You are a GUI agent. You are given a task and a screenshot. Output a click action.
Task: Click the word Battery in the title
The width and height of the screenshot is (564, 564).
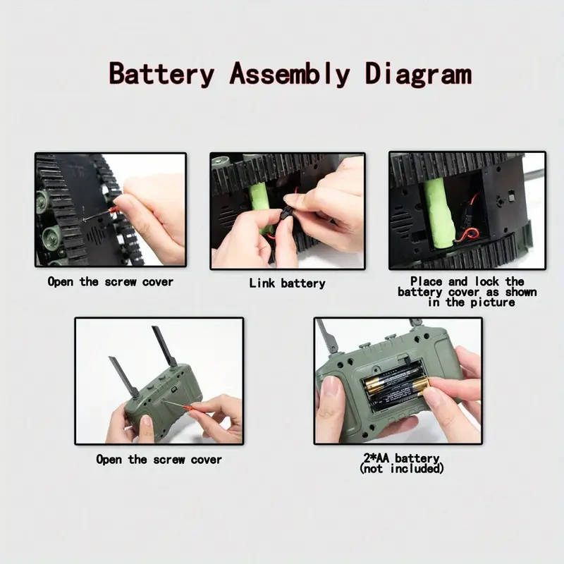tap(161, 74)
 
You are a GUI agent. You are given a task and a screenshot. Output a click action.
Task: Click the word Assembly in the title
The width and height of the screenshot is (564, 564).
tap(290, 74)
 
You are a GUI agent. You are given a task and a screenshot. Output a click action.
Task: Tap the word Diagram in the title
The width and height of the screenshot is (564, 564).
tap(418, 74)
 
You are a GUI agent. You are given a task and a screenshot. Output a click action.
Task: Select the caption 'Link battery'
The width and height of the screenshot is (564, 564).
tap(287, 283)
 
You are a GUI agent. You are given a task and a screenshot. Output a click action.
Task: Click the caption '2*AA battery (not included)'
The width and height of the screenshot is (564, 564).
tap(401, 463)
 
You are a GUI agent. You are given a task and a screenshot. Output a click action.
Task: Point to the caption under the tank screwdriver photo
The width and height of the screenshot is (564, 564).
tap(111, 281)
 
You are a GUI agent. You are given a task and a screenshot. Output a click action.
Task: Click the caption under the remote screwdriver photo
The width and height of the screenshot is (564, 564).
tap(159, 460)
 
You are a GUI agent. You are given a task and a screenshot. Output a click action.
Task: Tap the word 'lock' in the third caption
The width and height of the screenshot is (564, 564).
tap(487, 281)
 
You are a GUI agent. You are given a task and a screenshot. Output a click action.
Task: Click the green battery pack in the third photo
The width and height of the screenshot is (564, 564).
tap(439, 214)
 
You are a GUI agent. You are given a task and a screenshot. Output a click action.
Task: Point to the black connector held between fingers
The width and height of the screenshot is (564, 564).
tap(287, 214)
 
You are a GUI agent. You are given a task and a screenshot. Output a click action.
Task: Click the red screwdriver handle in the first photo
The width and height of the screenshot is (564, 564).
tap(114, 209)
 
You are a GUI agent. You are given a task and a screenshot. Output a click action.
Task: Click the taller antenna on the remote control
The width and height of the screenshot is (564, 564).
tap(164, 346)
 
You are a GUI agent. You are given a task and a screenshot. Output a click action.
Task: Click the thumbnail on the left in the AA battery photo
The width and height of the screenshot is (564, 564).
tap(331, 387)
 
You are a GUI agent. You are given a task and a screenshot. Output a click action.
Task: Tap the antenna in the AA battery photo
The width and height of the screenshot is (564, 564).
tap(327, 336)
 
